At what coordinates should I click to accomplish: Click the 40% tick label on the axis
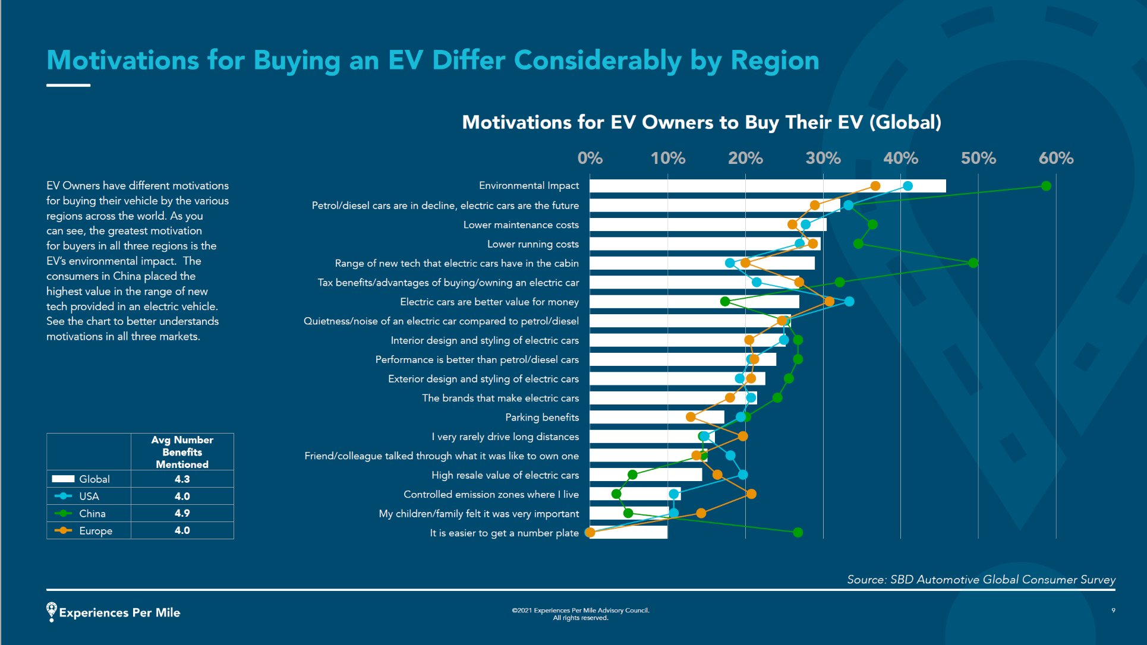click(900, 159)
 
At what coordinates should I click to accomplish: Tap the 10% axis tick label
click(667, 159)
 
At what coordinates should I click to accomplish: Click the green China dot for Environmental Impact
click(1046, 186)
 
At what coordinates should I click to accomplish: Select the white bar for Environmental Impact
click(767, 186)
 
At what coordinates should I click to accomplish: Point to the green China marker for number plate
click(798, 532)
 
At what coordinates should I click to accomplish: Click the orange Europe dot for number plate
click(590, 532)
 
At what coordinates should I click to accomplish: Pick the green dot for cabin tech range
click(973, 263)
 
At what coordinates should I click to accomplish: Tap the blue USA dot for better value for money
click(849, 301)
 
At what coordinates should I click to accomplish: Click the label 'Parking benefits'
click(542, 418)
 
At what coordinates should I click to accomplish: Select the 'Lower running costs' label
click(532, 244)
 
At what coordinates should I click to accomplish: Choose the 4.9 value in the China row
click(182, 513)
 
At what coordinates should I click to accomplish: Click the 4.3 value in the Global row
click(182, 479)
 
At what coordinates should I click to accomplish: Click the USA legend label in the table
click(89, 497)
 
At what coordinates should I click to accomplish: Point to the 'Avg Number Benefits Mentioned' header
click(182, 452)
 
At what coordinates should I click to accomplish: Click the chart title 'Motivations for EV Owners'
click(701, 122)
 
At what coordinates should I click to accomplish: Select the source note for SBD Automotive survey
click(981, 580)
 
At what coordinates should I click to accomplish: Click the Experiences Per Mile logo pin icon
click(52, 611)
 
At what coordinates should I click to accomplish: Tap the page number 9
click(1113, 610)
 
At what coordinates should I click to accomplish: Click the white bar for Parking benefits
click(657, 417)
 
